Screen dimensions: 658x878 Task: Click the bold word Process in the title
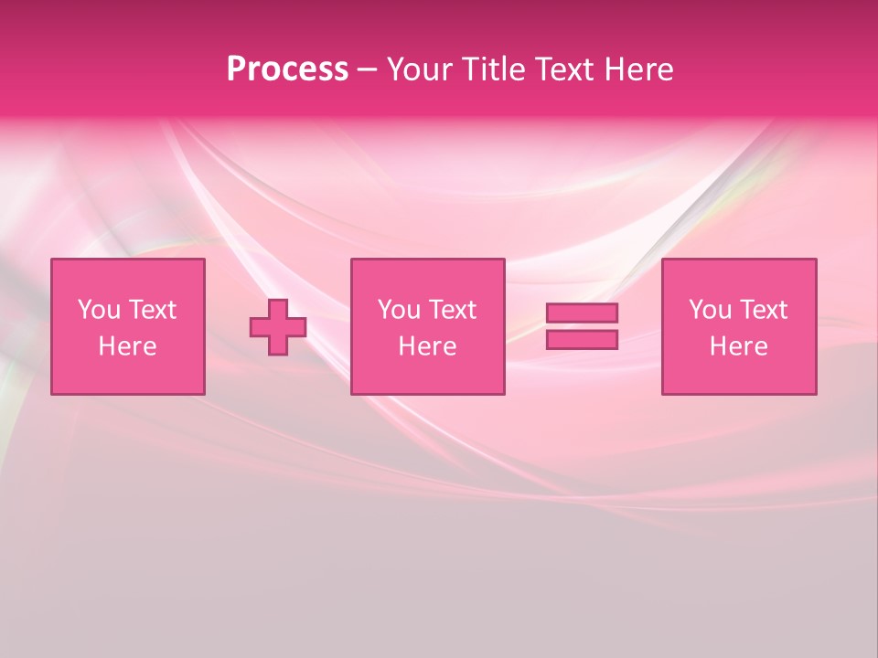(287, 69)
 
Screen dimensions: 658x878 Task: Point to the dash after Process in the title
(367, 70)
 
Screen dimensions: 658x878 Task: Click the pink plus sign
(278, 327)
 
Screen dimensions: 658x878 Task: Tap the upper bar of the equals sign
(582, 313)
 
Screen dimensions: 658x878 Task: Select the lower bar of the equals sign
(582, 339)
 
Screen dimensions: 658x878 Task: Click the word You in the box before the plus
(99, 310)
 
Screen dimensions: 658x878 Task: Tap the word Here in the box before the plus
(128, 346)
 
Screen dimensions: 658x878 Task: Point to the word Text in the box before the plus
(151, 310)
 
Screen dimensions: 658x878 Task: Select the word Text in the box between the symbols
(452, 310)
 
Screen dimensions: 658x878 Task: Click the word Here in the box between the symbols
(427, 346)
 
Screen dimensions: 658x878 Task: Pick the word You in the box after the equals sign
(710, 310)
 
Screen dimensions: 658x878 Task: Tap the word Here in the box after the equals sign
(739, 346)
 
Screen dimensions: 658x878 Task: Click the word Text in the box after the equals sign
(763, 310)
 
